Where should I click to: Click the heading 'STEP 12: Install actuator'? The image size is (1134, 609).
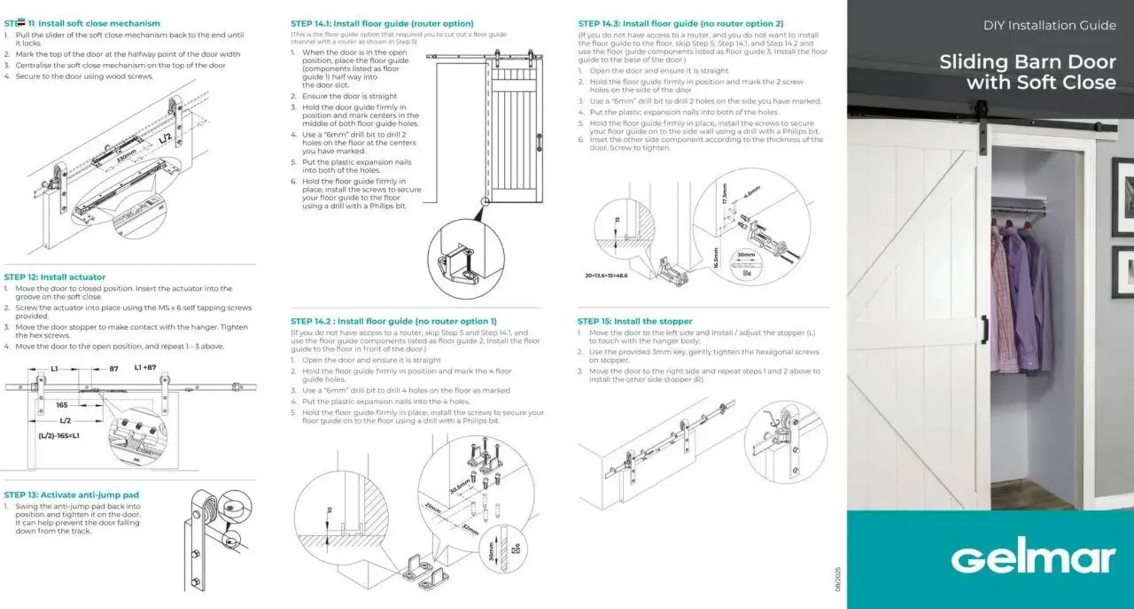54,277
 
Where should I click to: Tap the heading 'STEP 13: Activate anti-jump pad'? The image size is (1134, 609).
71,495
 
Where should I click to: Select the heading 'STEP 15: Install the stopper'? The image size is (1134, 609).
634,321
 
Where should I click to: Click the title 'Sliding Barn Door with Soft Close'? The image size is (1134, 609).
1027,71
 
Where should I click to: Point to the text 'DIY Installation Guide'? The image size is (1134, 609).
1049,25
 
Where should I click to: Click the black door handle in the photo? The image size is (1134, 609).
985,329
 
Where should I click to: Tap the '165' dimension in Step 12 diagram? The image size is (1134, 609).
62,405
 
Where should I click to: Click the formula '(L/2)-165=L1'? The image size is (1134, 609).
58,436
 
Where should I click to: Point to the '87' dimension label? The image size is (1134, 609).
113,369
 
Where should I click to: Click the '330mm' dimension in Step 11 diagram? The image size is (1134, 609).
126,156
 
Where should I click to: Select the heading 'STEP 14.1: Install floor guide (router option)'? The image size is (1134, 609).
382,24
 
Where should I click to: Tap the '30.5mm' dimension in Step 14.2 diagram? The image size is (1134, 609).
460,487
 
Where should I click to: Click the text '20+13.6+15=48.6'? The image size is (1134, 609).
606,276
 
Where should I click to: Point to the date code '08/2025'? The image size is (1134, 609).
838,579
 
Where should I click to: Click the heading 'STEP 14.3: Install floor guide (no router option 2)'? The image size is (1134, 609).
680,24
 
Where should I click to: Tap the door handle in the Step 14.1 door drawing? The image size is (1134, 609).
539,142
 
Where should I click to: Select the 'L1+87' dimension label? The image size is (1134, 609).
145,367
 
